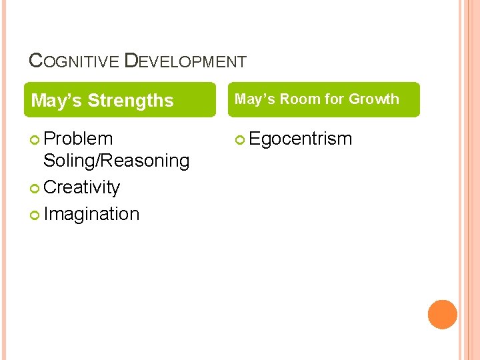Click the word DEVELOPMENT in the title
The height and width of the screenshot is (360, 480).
(185, 61)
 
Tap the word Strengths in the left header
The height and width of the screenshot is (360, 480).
(131, 101)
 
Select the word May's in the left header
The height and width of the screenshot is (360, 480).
(57, 101)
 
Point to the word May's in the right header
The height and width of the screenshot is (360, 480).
(255, 99)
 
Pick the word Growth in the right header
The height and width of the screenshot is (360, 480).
(373, 99)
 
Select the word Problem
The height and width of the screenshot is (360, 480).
(78, 139)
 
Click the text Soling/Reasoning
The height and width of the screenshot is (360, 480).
(116, 161)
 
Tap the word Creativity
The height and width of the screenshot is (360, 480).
(81, 187)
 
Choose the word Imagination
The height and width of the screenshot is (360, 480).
(91, 214)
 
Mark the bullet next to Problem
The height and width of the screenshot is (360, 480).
(36, 139)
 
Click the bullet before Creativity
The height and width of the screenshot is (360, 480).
(36, 189)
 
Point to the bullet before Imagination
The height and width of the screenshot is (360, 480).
(36, 215)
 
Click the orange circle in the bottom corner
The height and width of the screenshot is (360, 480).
(443, 315)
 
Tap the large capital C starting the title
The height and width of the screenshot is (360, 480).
(37, 61)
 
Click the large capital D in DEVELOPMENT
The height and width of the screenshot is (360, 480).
(131, 61)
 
